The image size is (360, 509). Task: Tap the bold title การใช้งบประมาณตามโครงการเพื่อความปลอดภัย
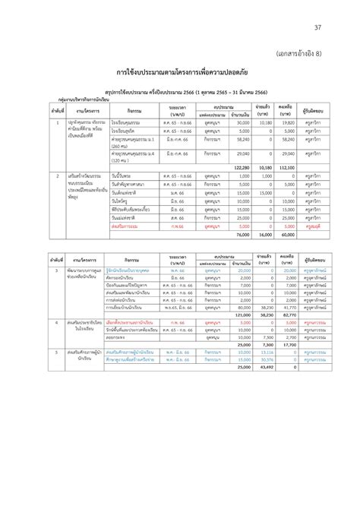point(179,73)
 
